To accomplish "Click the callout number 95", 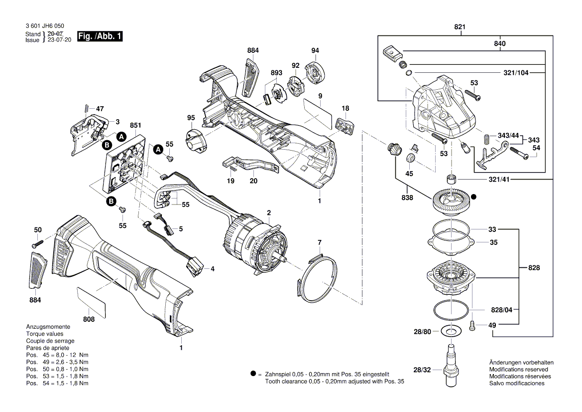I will pyautogui.click(x=191, y=118).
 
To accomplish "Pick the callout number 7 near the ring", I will pyautogui.click(x=320, y=242).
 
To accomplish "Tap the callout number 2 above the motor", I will pyautogui.click(x=269, y=213).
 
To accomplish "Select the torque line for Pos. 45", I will pyautogui.click(x=57, y=355).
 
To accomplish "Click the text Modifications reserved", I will pyautogui.click(x=517, y=370).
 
